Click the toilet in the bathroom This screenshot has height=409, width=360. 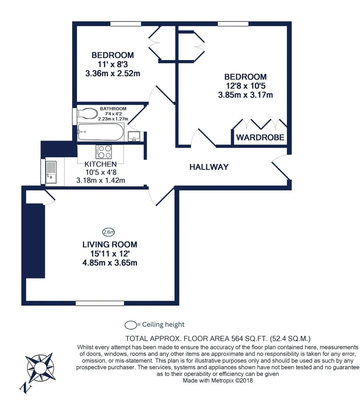pos(87,113)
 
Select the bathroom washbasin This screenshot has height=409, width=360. pos(134,136)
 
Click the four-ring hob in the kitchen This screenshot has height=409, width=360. pos(104,152)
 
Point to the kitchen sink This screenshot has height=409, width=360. pos(51,172)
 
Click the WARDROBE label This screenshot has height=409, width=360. pos(260,137)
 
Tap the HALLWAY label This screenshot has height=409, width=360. pos(209,167)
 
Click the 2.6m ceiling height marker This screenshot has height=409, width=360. pos(108,232)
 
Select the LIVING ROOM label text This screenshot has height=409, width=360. pos(110,244)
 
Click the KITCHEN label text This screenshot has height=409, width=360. pos(101,164)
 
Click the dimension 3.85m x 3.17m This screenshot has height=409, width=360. pos(245,95)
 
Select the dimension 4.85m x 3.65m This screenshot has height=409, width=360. pos(110,263)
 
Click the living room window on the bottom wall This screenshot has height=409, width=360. pos(100,303)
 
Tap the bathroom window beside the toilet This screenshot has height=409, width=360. pos(75,117)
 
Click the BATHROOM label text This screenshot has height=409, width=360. pos(113,109)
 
